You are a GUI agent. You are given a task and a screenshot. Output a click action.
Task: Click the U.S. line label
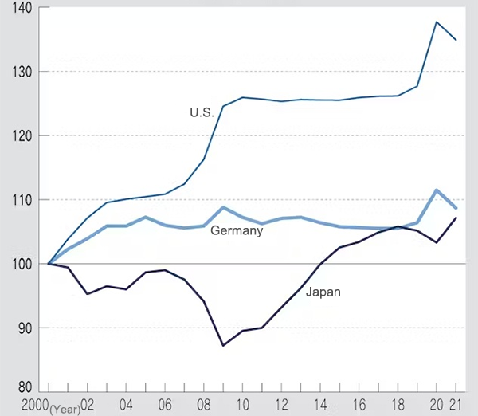click(202, 113)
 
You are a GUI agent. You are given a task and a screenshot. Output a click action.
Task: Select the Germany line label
click(237, 231)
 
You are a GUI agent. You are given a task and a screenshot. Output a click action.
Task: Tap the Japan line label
click(323, 292)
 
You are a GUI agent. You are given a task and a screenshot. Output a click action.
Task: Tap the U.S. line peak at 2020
click(437, 22)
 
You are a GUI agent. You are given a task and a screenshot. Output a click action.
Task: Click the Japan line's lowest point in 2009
click(223, 345)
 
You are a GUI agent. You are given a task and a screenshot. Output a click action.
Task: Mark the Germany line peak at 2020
click(437, 190)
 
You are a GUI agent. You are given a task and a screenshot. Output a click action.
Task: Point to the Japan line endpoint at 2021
click(456, 218)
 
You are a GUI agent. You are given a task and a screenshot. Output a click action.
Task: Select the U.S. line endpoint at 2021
click(456, 40)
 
